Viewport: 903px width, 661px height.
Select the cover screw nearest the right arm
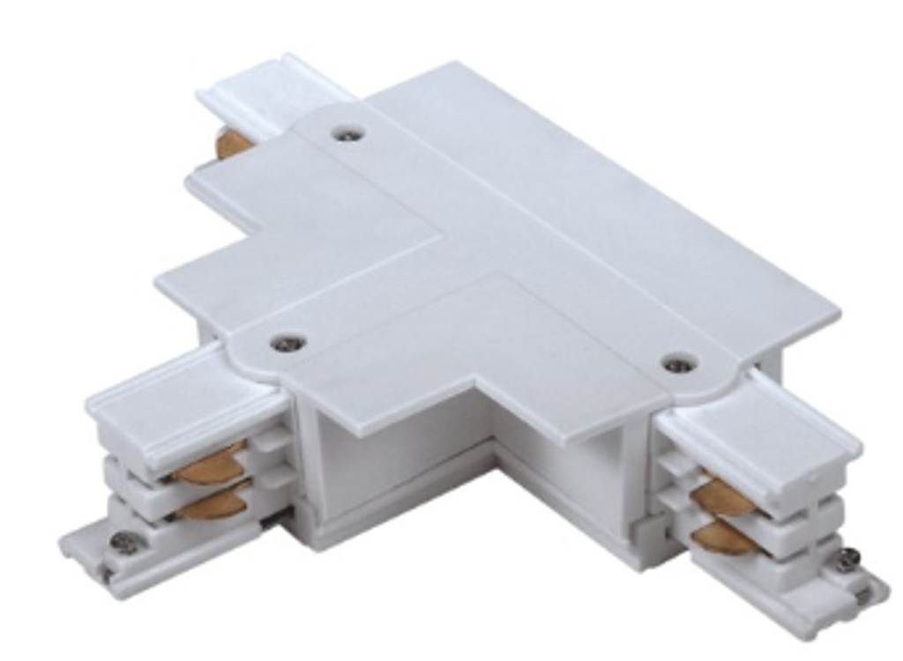point(678,362)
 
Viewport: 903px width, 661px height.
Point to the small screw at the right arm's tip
point(848,558)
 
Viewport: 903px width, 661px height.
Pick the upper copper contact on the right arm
point(719,495)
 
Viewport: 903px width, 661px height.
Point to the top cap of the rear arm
point(265,88)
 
